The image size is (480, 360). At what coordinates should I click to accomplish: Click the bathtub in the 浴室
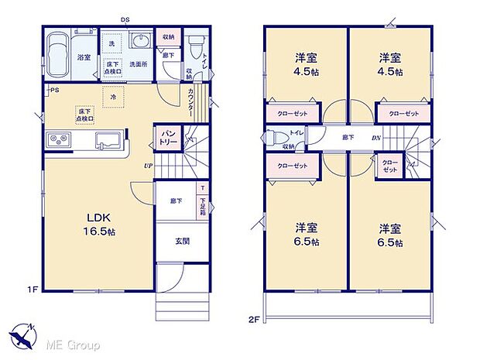[58, 56]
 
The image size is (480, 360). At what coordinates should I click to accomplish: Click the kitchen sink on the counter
[107, 141]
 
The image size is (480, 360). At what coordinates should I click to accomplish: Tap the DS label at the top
[125, 20]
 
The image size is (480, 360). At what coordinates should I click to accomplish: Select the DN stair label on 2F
[375, 139]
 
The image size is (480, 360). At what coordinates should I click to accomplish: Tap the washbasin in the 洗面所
[140, 41]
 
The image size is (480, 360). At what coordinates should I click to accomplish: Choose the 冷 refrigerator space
[113, 98]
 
